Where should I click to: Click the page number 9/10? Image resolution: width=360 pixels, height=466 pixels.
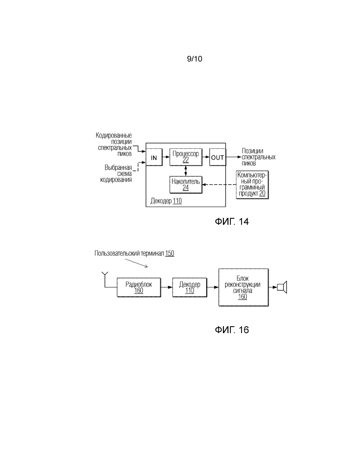[194, 59]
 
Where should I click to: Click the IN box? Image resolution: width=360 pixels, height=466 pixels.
[154, 157]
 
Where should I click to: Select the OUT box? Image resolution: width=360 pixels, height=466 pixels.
[217, 157]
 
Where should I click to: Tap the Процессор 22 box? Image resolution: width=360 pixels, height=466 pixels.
[186, 157]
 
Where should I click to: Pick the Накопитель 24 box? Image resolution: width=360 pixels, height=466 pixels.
[186, 185]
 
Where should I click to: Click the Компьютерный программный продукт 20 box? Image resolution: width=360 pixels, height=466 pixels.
[252, 185]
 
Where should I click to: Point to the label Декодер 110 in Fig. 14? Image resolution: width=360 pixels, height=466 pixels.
[166, 201]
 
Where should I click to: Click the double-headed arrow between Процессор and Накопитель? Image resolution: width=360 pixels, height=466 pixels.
[186, 171]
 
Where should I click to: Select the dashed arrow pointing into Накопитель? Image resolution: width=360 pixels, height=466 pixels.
[219, 185]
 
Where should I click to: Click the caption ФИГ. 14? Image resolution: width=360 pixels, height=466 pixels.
[232, 222]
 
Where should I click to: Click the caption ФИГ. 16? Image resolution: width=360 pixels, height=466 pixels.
[232, 330]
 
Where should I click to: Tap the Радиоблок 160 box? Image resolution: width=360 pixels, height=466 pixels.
[138, 287]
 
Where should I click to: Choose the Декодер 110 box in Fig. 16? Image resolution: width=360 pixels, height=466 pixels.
[189, 287]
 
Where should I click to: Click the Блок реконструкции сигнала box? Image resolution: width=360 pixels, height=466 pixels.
[243, 287]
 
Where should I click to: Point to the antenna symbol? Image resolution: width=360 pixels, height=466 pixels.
[105, 279]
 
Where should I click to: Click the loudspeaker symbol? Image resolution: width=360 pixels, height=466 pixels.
[282, 287]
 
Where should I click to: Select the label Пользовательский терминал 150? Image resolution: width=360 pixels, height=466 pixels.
[134, 253]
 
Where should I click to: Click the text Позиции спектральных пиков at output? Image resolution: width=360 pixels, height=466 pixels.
[258, 157]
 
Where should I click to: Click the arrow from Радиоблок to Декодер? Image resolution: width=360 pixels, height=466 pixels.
[166, 287]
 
